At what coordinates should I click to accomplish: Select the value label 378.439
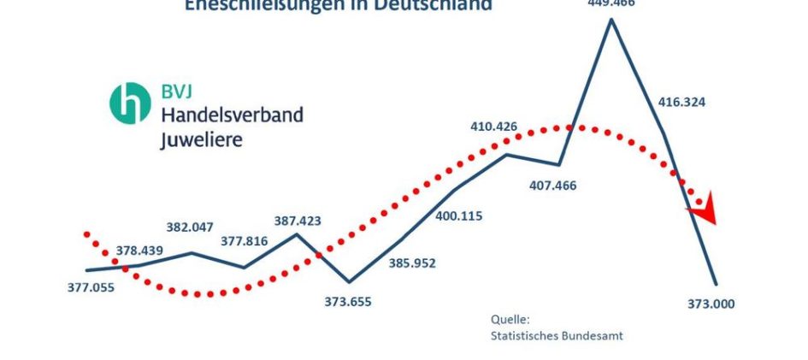[x=139, y=251]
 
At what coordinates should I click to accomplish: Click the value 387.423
[x=298, y=220]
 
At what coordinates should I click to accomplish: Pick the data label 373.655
[x=348, y=301]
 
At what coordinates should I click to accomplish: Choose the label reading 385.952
[x=412, y=263]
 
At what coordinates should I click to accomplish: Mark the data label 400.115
[x=458, y=215]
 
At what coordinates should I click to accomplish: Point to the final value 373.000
[x=711, y=304]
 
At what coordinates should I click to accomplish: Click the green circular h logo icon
[x=130, y=103]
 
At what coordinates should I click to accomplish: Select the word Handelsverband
[x=232, y=114]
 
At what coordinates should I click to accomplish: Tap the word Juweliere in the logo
[x=201, y=139]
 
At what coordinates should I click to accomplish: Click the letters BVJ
[x=179, y=90]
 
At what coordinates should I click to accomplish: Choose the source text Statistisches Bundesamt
[x=557, y=335]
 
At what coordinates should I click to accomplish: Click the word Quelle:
[x=510, y=319]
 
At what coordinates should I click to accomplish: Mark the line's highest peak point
[x=611, y=18]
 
